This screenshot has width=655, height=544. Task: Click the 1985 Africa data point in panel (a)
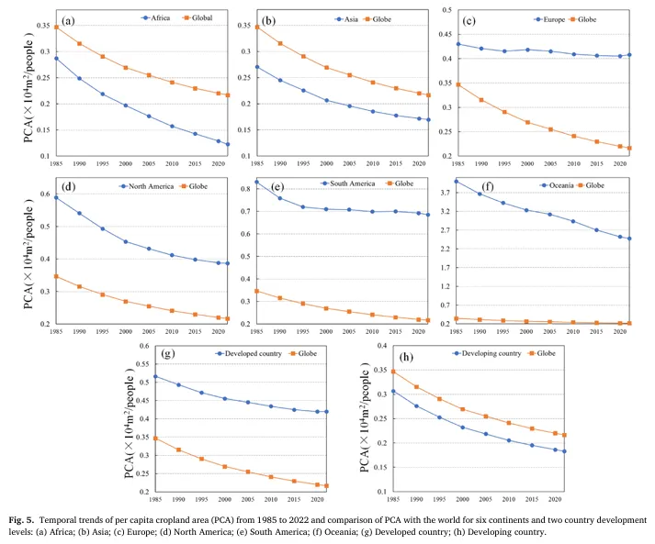[x=56, y=58]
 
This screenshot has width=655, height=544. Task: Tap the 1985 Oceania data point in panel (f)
[x=457, y=182]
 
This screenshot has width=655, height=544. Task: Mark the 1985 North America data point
[x=56, y=197]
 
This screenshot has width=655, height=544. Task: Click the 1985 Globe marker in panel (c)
[x=457, y=84]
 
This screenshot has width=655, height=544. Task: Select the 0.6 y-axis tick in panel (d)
[x=43, y=194]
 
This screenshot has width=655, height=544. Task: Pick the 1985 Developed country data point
[x=155, y=376]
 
